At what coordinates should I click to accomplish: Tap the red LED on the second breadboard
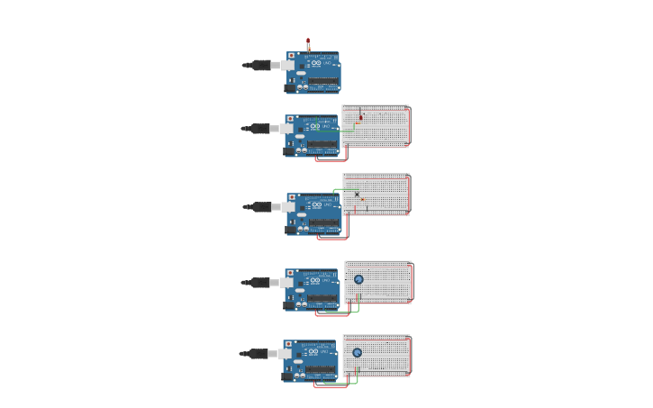(x=361, y=117)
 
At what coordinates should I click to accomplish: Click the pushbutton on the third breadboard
(x=357, y=195)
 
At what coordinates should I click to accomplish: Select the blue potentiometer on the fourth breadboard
(x=358, y=279)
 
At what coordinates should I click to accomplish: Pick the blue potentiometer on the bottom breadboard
(x=357, y=353)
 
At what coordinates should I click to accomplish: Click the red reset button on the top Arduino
(x=291, y=56)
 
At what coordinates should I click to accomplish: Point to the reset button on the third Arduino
(x=290, y=196)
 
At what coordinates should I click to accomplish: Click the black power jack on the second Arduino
(x=290, y=151)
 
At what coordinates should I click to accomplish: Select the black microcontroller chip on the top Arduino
(x=323, y=81)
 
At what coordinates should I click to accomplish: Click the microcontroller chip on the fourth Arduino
(x=322, y=297)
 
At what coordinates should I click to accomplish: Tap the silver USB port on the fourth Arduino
(x=286, y=282)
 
